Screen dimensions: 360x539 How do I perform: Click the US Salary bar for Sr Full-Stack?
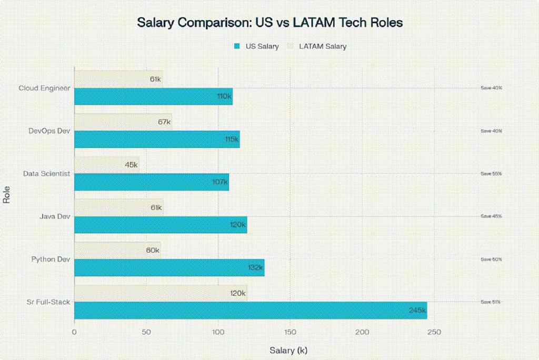coord(250,311)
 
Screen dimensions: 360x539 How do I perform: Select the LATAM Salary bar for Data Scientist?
coord(106,165)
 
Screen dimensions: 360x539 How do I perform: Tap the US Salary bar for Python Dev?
coord(169,267)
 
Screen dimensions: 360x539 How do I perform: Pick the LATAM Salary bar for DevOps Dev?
coord(123,122)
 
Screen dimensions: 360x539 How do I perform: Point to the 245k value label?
coord(417,311)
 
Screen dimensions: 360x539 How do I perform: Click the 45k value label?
coord(132,165)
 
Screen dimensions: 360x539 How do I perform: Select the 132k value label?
coord(255,267)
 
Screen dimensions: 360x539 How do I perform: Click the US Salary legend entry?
coord(256,46)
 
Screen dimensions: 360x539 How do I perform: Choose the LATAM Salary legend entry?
coord(318,46)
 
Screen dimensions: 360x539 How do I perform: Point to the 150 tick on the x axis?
coord(290,332)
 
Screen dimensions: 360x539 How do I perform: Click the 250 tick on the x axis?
coord(434,332)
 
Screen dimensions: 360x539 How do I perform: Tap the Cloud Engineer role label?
coord(44,88)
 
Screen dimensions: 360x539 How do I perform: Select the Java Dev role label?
coord(55,216)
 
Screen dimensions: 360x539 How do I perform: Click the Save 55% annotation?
coord(491,173)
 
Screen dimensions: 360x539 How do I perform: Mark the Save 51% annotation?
coord(491,302)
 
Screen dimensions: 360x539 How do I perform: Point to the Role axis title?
coord(6,195)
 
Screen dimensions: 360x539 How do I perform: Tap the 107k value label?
coord(219,182)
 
